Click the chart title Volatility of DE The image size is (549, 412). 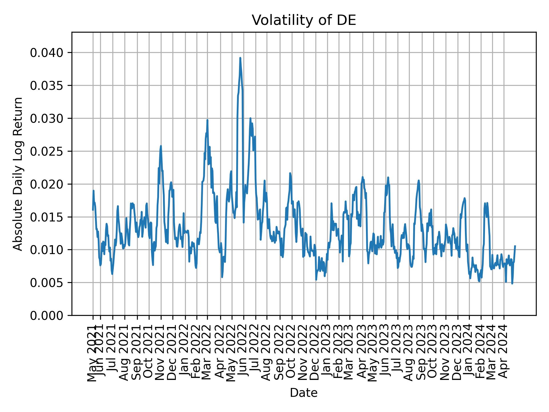[x=304, y=20]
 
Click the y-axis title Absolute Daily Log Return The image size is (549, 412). [x=18, y=174]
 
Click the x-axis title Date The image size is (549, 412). [x=304, y=393]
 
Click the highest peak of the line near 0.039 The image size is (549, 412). [x=240, y=58]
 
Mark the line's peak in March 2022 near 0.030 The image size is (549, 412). [x=207, y=120]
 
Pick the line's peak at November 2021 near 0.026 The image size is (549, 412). [x=161, y=146]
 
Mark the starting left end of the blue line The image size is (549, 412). [x=93, y=210]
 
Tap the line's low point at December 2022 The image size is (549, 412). [x=316, y=280]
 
